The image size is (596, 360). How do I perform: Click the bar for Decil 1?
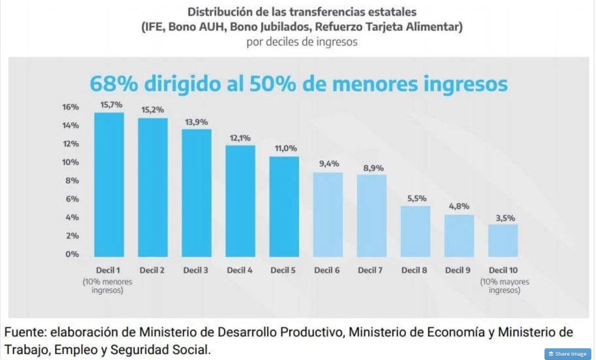[109, 184]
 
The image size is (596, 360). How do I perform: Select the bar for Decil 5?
[284, 207]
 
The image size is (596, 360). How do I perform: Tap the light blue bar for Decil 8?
[415, 231]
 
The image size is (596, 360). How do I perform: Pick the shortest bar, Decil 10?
[503, 241]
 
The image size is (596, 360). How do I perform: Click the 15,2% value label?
[153, 110]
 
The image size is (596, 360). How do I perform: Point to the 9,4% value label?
[329, 164]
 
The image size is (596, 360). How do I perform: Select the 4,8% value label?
[459, 206]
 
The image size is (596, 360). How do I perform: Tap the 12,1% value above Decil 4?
[240, 138]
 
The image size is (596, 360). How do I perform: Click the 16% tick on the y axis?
[71, 107]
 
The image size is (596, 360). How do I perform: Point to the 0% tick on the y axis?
[72, 254]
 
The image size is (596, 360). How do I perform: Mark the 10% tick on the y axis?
[71, 162]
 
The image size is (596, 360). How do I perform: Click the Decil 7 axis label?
[370, 270]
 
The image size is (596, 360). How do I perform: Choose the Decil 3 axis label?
[196, 270]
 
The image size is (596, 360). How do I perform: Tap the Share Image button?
[568, 354]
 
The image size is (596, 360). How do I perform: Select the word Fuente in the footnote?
[24, 332]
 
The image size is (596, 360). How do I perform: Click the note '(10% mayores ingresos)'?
[505, 286]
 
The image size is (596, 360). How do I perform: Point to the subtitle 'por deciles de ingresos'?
[302, 42]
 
